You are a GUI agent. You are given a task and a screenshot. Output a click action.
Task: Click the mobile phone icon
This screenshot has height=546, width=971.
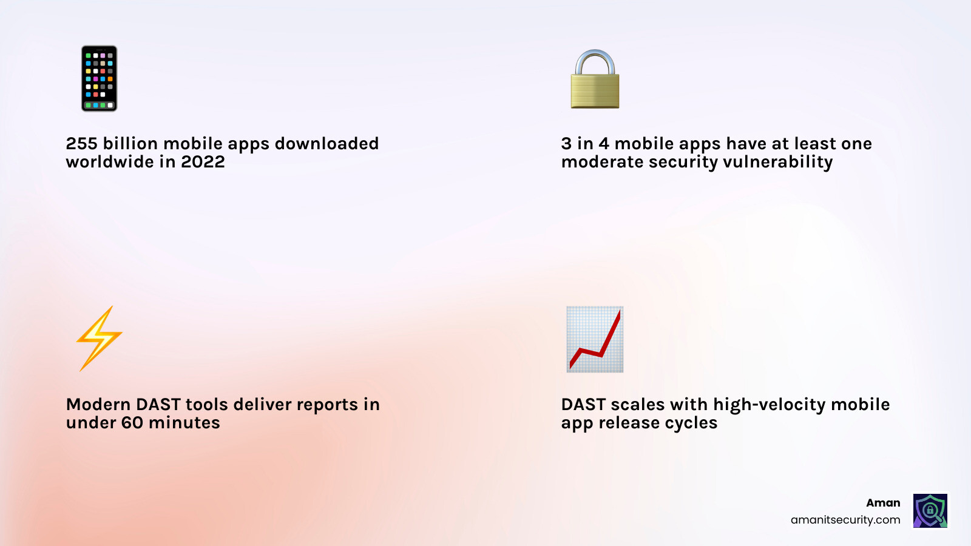[100, 78]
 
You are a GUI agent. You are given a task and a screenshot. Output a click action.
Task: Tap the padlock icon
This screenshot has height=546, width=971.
[595, 80]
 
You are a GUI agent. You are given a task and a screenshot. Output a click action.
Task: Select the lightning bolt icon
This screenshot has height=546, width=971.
[99, 339]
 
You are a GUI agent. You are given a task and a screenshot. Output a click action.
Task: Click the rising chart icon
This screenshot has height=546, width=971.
[595, 339]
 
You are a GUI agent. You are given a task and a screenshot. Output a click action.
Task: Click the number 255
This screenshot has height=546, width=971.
[81, 144]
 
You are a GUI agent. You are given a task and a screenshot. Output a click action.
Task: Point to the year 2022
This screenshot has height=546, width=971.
[203, 162]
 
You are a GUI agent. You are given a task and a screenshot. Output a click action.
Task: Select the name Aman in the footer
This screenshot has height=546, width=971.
[883, 503]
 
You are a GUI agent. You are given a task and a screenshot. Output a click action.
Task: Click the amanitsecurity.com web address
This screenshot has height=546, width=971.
[845, 520]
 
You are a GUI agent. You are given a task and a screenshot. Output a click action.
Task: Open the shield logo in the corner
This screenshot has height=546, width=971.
[930, 510]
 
